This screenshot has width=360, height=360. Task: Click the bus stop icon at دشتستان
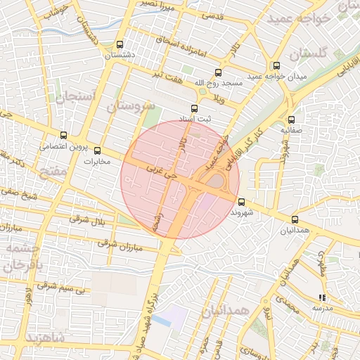click(x=120, y=44)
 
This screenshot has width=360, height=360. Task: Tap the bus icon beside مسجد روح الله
click(x=218, y=72)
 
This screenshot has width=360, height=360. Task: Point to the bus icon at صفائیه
click(x=291, y=120)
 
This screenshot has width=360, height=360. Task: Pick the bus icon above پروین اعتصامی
click(x=64, y=135)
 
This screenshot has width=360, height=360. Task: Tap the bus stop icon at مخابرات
click(x=97, y=150)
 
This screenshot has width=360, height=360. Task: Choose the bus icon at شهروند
click(x=242, y=202)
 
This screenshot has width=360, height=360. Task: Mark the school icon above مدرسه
click(x=322, y=297)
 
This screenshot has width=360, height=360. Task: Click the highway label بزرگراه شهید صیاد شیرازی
click(x=152, y=309)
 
